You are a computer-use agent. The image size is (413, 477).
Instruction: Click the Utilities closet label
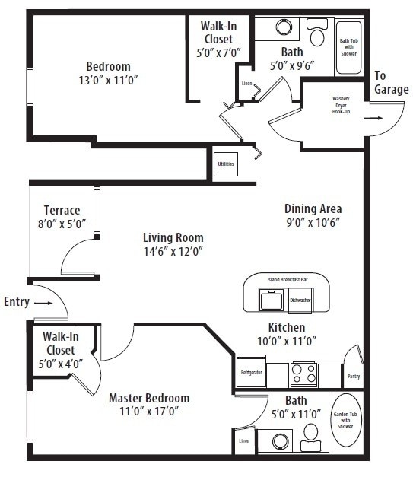pyautogui.click(x=226, y=164)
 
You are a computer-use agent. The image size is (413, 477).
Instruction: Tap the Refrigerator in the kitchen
pyautogui.click(x=250, y=373)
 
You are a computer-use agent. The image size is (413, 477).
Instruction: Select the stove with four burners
pyautogui.click(x=303, y=374)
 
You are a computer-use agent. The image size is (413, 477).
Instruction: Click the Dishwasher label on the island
pyautogui.click(x=300, y=301)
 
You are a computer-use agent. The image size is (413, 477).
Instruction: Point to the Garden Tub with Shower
pyautogui.click(x=346, y=421)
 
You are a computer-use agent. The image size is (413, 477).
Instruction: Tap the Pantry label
pyautogui.click(x=354, y=377)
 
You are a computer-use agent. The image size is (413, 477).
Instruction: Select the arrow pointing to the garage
pyautogui.click(x=373, y=119)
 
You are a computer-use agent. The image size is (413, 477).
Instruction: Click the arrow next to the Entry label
pyautogui.click(x=45, y=302)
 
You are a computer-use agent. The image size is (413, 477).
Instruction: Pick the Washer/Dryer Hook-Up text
pyautogui.click(x=341, y=105)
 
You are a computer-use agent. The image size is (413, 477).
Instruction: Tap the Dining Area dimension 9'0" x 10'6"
pyautogui.click(x=313, y=222)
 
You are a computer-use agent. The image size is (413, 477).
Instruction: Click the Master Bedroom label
pyautogui.click(x=149, y=398)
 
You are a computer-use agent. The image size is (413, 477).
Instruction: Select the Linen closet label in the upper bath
pyautogui.click(x=246, y=84)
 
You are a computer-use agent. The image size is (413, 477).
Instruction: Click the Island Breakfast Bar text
pyautogui.click(x=288, y=280)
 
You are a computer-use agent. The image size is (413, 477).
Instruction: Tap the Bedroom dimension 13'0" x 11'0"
pyautogui.click(x=107, y=79)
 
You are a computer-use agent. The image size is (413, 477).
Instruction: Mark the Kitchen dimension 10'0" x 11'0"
pyautogui.click(x=287, y=340)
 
